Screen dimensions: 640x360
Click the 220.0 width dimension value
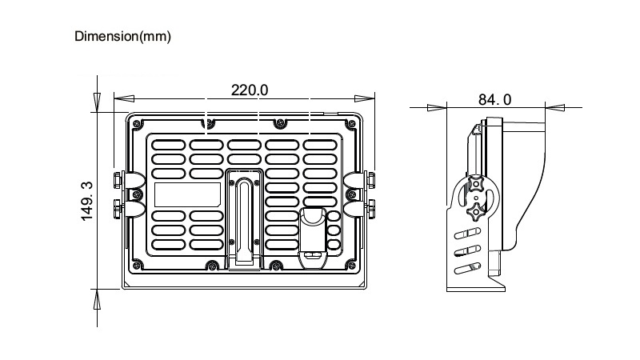click(x=250, y=90)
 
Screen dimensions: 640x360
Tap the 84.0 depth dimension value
click(x=494, y=99)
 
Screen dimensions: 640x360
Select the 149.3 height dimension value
click(x=87, y=202)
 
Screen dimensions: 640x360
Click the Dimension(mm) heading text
click(x=122, y=36)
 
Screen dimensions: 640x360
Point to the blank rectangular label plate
click(x=187, y=194)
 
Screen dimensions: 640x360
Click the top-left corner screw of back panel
click(x=137, y=123)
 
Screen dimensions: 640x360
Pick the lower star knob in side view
click(x=476, y=211)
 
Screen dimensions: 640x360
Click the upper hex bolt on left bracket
click(x=118, y=180)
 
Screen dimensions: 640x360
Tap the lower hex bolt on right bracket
click(x=371, y=209)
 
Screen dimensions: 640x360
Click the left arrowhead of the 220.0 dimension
click(x=124, y=98)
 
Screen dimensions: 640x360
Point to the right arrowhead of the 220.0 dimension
click(x=365, y=98)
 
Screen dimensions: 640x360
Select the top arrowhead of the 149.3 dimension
click(x=97, y=102)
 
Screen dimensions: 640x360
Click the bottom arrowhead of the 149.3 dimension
click(x=97, y=299)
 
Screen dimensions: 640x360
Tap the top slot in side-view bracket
click(x=467, y=233)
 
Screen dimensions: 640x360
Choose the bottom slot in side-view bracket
click(x=467, y=268)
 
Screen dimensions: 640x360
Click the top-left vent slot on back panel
click(x=169, y=145)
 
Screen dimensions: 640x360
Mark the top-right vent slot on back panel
click(x=320, y=145)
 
